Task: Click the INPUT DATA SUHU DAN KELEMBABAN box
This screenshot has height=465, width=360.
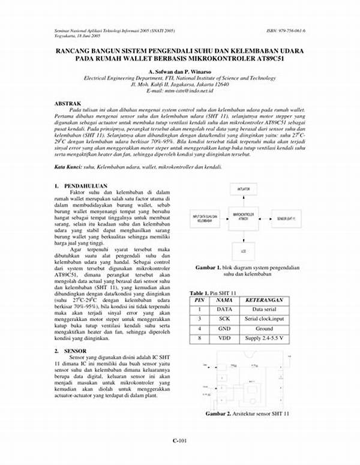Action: [x=204, y=219]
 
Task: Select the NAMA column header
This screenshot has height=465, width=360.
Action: [x=224, y=299]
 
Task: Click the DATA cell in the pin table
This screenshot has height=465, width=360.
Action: [x=224, y=308]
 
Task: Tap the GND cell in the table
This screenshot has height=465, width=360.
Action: [x=224, y=329]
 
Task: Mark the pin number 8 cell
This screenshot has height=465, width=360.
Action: [x=199, y=339]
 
